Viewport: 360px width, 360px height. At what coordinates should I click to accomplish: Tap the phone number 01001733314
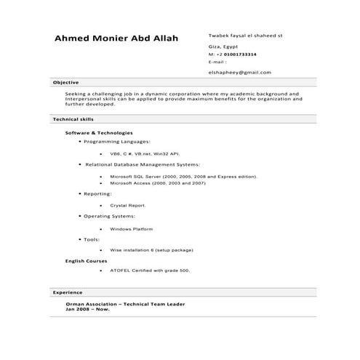241,55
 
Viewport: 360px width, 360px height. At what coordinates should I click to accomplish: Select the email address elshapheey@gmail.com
239,73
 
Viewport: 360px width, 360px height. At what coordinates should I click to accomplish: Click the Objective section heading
65,83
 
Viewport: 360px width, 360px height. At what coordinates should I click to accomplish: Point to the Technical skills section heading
73,118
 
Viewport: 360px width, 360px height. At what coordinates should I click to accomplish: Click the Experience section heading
68,292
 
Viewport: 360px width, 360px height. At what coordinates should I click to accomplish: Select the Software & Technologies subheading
99,133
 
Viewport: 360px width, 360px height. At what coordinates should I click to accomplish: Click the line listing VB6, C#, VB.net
144,154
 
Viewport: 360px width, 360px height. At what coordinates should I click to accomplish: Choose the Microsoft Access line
157,183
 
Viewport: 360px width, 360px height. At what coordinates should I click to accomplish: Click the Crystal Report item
128,206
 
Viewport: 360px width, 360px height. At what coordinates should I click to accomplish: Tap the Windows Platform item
132,229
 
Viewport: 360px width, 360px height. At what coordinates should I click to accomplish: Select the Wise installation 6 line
151,250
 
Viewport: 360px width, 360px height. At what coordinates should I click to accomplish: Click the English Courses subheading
87,260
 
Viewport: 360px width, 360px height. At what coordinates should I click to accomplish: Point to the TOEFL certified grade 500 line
149,271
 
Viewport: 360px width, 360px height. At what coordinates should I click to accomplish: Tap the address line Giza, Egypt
223,47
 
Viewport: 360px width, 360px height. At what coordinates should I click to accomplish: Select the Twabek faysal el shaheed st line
245,35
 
